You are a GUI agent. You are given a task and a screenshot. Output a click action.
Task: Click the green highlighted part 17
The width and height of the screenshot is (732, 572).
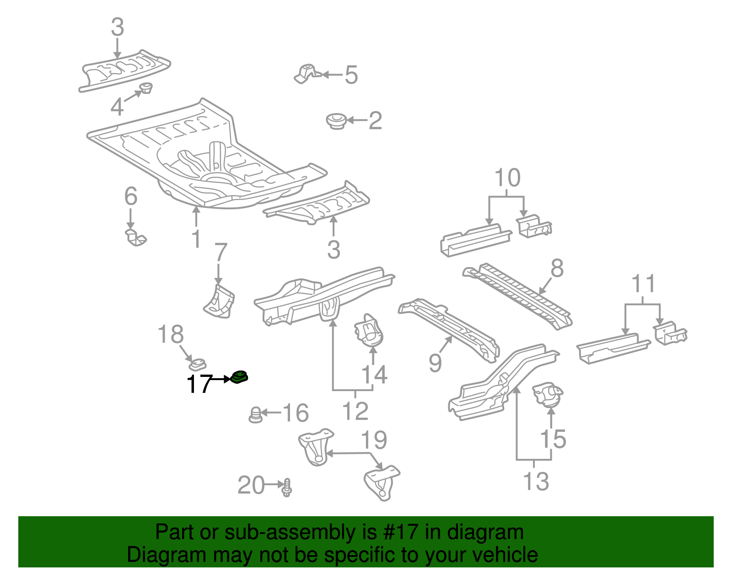pyautogui.click(x=239, y=377)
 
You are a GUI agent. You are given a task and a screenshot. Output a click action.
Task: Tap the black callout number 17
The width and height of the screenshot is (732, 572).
pyautogui.click(x=199, y=384)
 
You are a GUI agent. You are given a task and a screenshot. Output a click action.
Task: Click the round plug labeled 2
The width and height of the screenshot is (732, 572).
pyautogui.click(x=336, y=121)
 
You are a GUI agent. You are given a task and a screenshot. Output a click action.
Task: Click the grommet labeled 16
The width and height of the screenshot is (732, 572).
pyautogui.click(x=255, y=414)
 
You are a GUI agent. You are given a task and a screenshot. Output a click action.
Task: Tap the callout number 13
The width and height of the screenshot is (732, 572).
pyautogui.click(x=535, y=482)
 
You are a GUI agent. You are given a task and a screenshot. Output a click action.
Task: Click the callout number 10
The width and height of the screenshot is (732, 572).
pyautogui.click(x=507, y=178)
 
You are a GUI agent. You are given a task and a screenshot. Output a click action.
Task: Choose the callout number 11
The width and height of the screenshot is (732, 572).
pyautogui.click(x=643, y=284)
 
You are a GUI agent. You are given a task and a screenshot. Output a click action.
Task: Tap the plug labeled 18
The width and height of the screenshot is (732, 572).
pyautogui.click(x=198, y=364)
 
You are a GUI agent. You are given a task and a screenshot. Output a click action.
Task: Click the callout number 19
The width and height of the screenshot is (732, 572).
pyautogui.click(x=374, y=440)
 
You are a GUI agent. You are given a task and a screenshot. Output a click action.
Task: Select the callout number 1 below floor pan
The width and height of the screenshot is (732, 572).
pyautogui.click(x=196, y=239)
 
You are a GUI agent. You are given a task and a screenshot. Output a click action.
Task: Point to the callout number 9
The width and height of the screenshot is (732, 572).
pyautogui.click(x=435, y=363)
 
